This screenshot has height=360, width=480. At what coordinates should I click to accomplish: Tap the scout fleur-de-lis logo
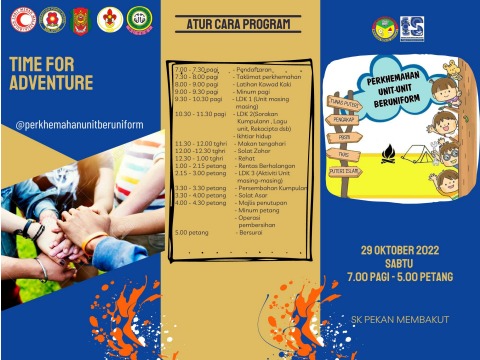pos(109,19)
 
